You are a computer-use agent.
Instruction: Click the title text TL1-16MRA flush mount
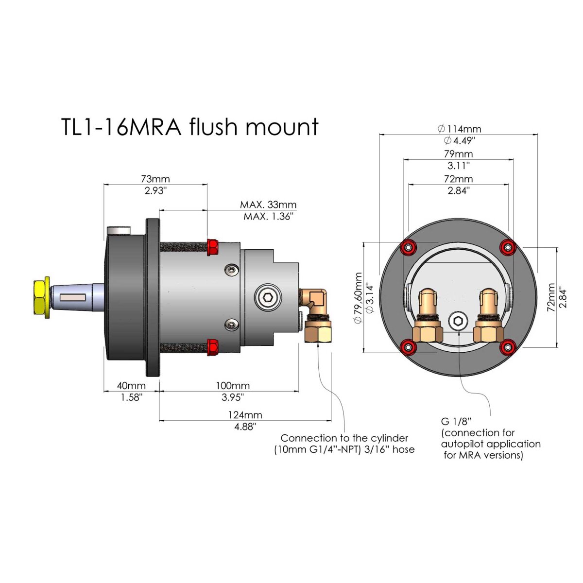[189, 127]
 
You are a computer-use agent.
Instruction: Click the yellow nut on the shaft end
[40, 297]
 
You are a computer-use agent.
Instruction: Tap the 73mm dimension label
[155, 179]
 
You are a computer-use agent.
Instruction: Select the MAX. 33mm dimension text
[268, 205]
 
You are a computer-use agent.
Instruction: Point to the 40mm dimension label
[131, 385]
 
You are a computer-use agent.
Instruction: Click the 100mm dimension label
[233, 385]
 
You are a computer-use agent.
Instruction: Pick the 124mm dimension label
[245, 415]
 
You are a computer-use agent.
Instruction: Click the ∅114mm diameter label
[459, 129]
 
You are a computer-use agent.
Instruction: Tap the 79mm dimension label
[459, 154]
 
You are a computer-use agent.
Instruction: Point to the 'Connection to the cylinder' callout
[344, 438]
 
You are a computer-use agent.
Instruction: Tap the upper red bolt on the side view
[212, 247]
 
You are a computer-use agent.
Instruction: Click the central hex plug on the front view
[458, 321]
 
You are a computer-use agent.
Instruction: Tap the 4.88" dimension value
[245, 427]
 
